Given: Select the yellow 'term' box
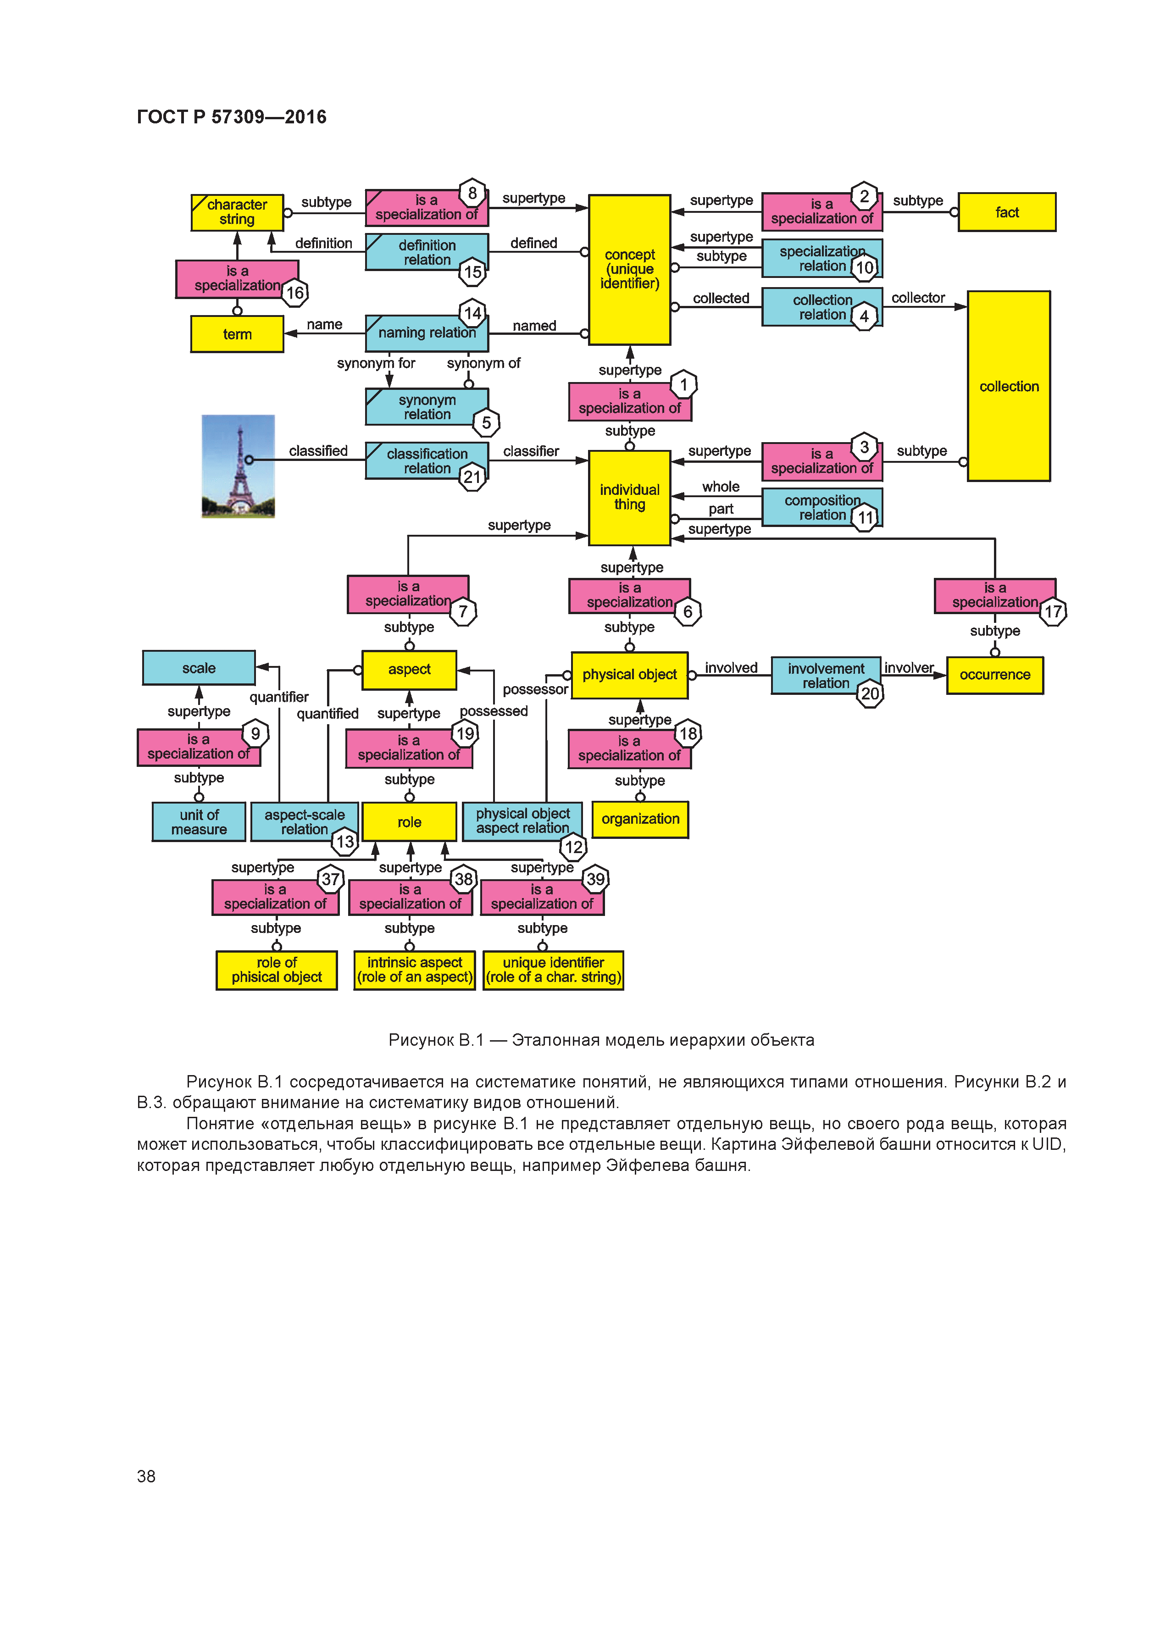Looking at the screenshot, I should [x=237, y=334].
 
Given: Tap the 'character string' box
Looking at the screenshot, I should [x=237, y=212].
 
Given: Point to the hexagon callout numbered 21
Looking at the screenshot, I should [x=472, y=477].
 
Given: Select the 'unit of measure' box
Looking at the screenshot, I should [x=199, y=822].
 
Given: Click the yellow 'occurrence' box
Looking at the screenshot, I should [x=995, y=675].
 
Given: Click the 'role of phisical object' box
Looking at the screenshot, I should [x=276, y=970].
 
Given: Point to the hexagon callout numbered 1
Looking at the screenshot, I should [x=683, y=385].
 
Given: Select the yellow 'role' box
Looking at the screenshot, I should [x=409, y=822].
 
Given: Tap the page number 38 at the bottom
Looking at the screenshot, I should [x=146, y=1475].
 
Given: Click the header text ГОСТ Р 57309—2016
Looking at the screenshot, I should [x=232, y=117].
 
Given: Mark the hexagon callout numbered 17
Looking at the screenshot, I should [x=1053, y=611].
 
